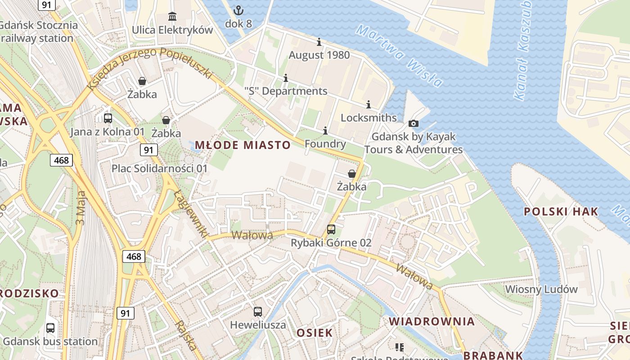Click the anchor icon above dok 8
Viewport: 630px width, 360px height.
[x=238, y=10]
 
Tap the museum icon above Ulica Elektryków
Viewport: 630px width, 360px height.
[x=172, y=17]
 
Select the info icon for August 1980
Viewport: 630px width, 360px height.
[x=319, y=42]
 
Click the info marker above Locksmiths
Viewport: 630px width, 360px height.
[x=369, y=104]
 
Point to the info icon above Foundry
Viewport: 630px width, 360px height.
[x=325, y=130]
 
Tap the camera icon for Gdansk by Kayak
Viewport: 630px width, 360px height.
[x=413, y=123]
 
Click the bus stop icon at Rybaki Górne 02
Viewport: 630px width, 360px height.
[x=331, y=229]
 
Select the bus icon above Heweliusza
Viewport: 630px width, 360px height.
[x=258, y=311]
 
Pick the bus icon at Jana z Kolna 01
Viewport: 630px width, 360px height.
[x=108, y=118]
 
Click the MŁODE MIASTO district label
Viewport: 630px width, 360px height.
[x=243, y=145]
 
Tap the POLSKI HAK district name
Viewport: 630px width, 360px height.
[x=561, y=211]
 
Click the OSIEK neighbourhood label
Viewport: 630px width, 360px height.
[x=315, y=333]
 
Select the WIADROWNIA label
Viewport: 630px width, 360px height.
[x=432, y=321]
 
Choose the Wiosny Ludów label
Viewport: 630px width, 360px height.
[x=541, y=289]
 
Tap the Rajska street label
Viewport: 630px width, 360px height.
[x=186, y=336]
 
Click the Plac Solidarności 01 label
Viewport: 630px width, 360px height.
[x=159, y=168]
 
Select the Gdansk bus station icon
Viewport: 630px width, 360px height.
[x=50, y=328]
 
